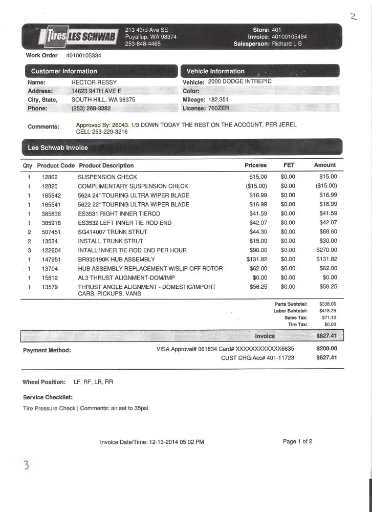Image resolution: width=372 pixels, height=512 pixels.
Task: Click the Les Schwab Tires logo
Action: pyautogui.click(x=72, y=36)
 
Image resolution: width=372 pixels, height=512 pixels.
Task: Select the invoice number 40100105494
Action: pyautogui.click(x=289, y=37)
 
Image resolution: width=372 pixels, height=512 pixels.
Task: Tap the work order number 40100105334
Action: pyautogui.click(x=84, y=55)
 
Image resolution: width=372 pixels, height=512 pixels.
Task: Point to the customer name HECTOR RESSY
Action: pyautogui.click(x=94, y=82)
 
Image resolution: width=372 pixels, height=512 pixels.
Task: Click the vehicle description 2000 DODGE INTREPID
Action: pyautogui.click(x=240, y=82)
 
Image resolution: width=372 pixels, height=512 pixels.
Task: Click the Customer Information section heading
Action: pyautogui.click(x=64, y=71)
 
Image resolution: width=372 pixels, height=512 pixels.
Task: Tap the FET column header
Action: pyautogui.click(x=289, y=165)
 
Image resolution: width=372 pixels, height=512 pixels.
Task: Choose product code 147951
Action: pyautogui.click(x=51, y=260)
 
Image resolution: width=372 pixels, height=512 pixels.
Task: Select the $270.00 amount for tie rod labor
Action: pyautogui.click(x=327, y=250)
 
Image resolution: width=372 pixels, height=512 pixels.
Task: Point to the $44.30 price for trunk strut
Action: pyautogui.click(x=258, y=232)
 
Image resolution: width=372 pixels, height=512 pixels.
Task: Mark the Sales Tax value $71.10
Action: pyautogui.click(x=327, y=318)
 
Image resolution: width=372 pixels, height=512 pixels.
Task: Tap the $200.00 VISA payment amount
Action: pyautogui.click(x=326, y=349)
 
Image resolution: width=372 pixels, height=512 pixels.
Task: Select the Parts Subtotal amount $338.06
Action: pyautogui.click(x=327, y=304)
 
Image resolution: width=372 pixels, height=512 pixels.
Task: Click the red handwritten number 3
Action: pyautogui.click(x=26, y=465)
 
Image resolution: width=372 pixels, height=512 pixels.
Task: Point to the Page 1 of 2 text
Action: pyautogui.click(x=297, y=441)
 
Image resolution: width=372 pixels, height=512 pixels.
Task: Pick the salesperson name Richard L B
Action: pyautogui.click(x=287, y=44)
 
